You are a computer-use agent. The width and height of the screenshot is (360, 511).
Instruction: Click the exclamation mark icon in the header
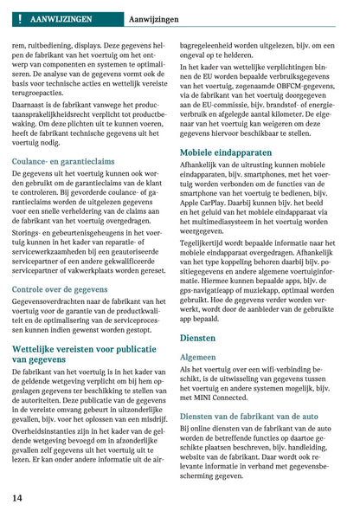pos(17,17)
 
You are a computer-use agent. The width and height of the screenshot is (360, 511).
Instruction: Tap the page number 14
pos(17,498)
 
